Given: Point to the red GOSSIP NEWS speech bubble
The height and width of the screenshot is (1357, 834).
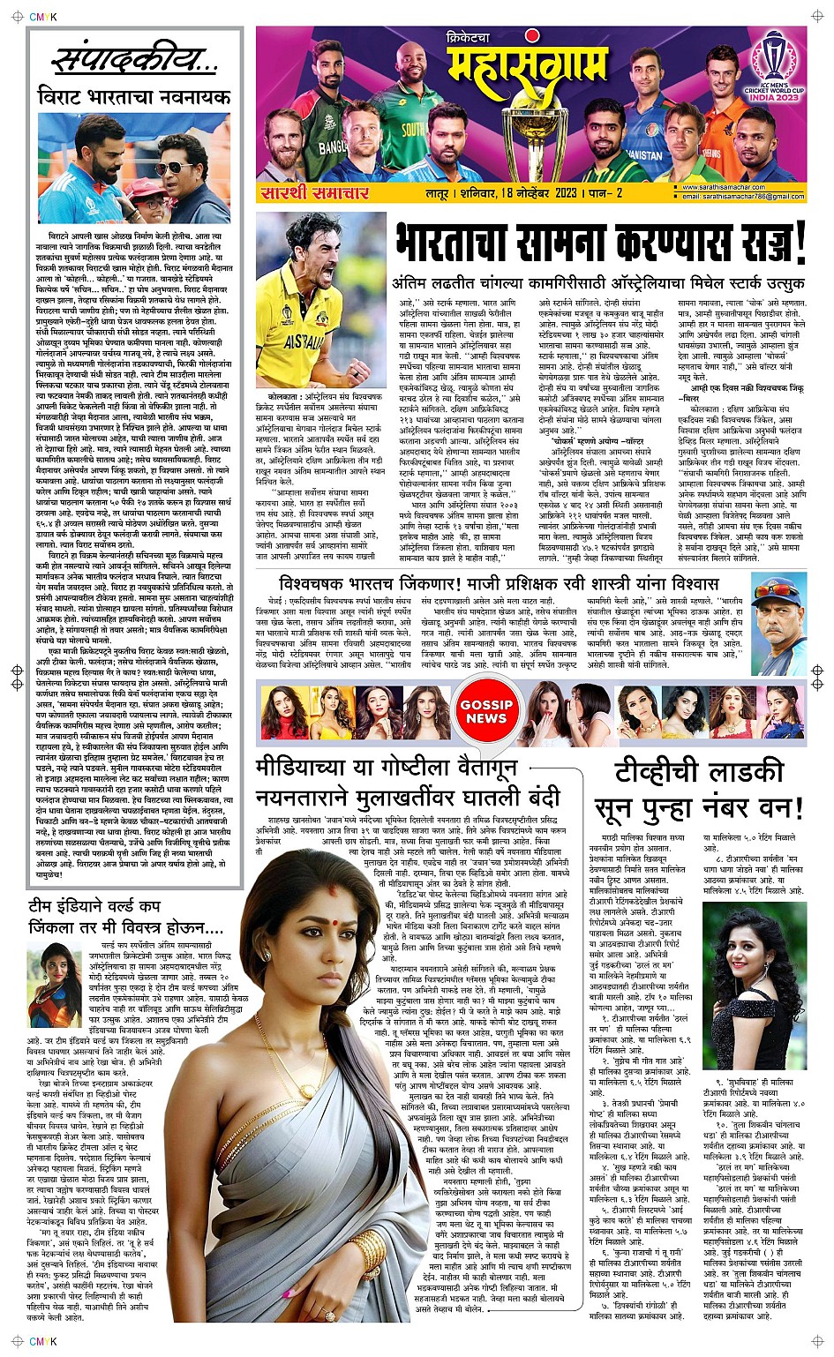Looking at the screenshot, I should [486, 711].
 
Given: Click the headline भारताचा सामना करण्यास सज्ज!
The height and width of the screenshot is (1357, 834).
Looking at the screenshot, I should [600, 244].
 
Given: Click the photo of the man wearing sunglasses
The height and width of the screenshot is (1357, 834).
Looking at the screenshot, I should [777, 604].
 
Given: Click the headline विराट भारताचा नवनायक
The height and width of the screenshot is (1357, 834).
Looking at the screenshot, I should [134, 96].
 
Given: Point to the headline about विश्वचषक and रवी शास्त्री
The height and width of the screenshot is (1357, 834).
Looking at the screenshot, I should [499, 584].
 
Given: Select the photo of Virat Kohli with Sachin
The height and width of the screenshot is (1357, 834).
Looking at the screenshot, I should [134, 168].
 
